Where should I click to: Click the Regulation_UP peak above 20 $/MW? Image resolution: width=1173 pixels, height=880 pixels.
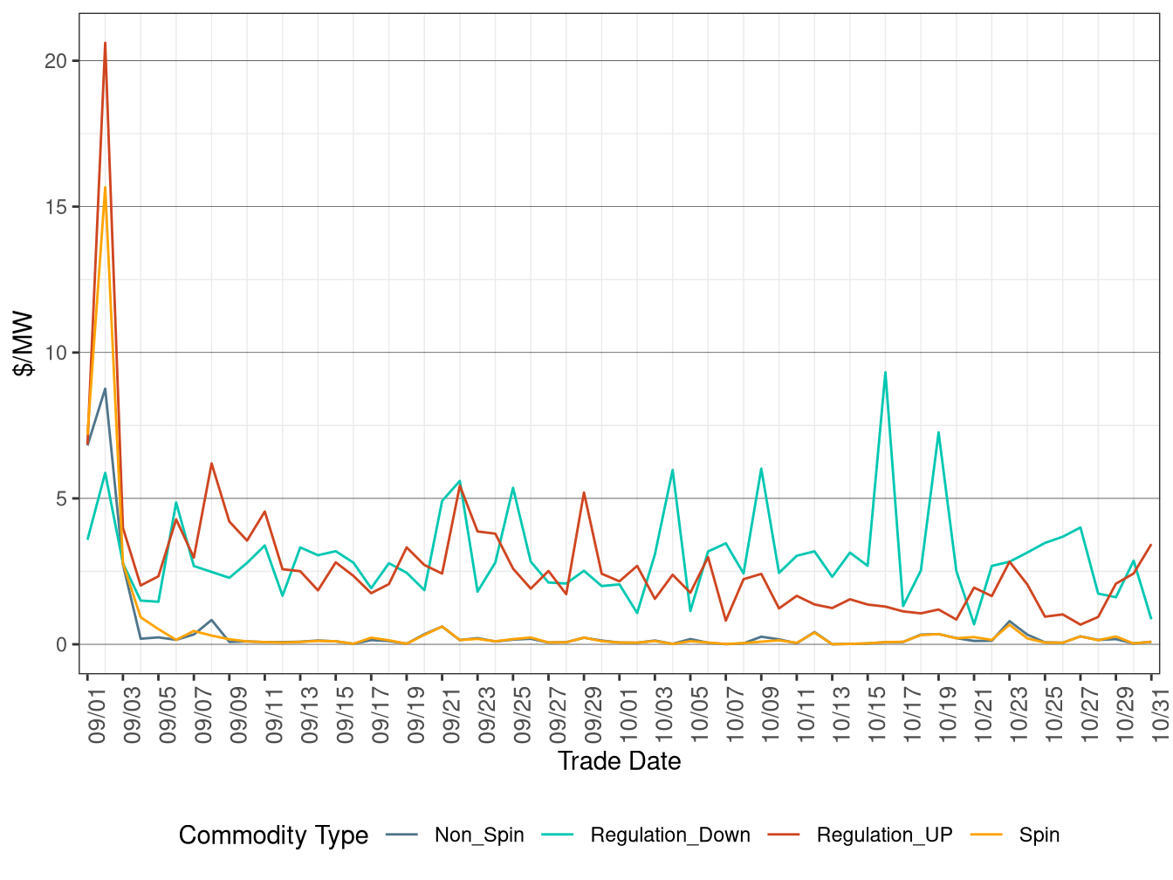(106, 43)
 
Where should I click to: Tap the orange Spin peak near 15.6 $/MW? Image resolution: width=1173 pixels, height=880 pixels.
(106, 188)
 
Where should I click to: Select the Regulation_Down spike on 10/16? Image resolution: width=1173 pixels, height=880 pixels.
(885, 373)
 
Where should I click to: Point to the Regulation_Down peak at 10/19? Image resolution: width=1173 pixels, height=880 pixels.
(938, 432)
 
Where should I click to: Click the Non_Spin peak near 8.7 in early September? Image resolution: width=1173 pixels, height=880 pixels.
(106, 389)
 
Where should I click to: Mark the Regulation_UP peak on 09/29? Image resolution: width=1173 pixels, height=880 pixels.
(584, 492)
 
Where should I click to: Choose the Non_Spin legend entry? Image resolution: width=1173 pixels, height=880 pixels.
(478, 835)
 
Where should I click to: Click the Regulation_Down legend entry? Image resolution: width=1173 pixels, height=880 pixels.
(669, 835)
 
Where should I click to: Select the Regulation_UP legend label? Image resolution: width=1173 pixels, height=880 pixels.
(883, 835)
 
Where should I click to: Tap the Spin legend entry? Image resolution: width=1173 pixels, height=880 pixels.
(1039, 835)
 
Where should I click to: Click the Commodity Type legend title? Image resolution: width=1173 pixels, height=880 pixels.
(273, 835)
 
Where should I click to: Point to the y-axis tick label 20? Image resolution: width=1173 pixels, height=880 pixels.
(56, 61)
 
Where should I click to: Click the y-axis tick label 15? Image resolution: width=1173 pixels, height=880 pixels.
(56, 207)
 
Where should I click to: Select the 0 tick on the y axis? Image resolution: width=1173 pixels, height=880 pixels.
(61, 645)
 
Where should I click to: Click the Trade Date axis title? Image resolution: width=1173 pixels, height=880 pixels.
(619, 761)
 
